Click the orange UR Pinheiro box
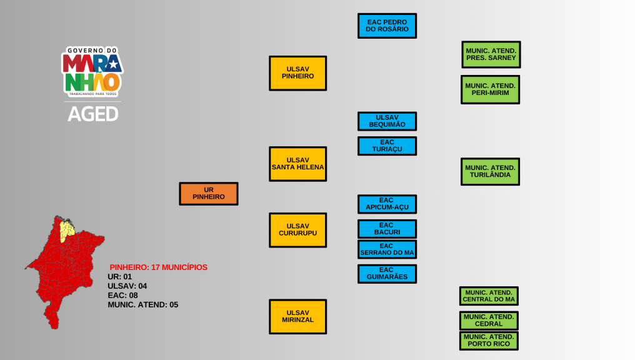209,194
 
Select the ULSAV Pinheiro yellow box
297,73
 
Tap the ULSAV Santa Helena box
297,164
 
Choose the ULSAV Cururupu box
297,230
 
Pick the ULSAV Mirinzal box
297,316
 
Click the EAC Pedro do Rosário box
387,26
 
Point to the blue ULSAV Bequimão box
387,121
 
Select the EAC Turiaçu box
387,146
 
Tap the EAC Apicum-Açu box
387,204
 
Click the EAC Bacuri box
387,229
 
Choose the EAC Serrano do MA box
387,249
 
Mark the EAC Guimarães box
387,274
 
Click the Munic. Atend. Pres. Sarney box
491,54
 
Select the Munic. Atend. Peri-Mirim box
491,89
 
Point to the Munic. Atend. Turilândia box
491,171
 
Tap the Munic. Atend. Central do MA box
489,296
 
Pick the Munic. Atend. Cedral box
489,321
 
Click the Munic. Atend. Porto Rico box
489,341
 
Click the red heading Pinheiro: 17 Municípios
159,267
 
